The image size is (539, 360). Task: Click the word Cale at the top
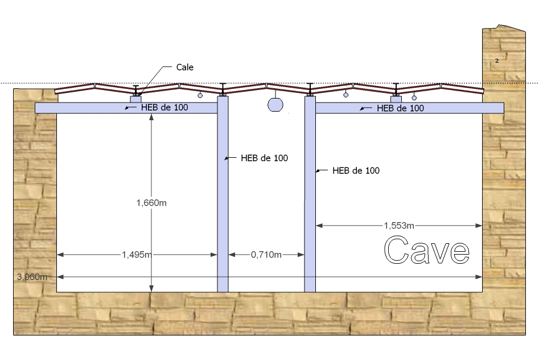[184, 67]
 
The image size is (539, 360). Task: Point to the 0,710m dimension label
[266, 255]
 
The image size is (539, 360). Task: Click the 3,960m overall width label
[32, 277]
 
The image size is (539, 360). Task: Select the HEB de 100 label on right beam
[400, 108]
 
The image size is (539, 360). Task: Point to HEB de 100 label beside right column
[356, 170]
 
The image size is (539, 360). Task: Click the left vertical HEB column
[223, 194]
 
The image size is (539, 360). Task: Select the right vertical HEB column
[310, 194]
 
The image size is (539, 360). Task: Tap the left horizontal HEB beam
[85, 108]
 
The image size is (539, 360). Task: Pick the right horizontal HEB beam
[455, 108]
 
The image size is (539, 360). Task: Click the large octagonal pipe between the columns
[275, 105]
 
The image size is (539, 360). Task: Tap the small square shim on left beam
[136, 99]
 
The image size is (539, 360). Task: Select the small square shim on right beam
[396, 99]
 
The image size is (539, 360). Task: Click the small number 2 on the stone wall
[497, 60]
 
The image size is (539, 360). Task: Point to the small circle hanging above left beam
[200, 95]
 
